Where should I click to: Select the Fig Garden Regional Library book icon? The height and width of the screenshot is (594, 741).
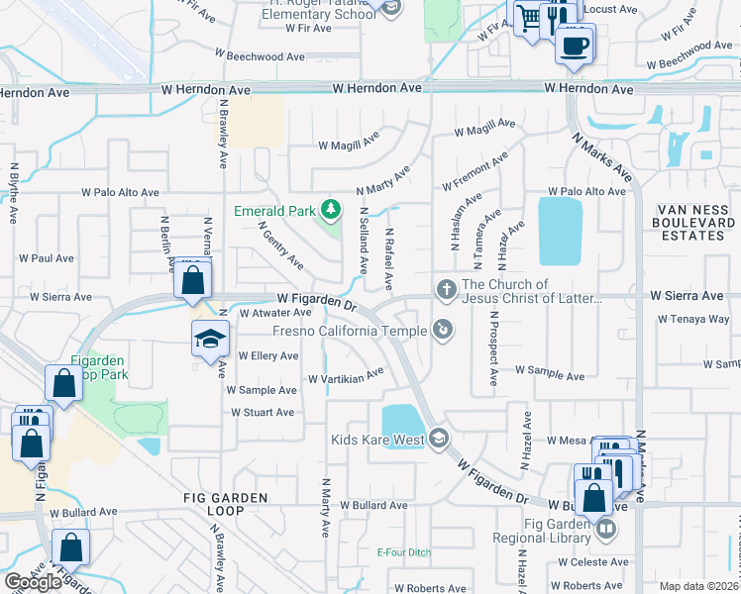tap(605, 531)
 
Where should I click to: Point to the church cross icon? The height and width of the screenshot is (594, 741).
tap(446, 290)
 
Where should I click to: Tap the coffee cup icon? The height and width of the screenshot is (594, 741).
tap(575, 45)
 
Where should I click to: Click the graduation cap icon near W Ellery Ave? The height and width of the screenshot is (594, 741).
tap(210, 340)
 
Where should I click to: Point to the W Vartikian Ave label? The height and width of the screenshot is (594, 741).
tap(345, 376)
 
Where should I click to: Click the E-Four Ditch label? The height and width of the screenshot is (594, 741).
tap(403, 551)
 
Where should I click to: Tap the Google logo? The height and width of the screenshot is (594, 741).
tap(33, 582)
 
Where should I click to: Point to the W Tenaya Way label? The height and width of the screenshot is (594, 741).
tap(692, 320)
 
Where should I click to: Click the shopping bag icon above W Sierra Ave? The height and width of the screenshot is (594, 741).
tap(193, 280)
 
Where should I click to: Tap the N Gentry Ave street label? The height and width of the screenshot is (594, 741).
tap(280, 245)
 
